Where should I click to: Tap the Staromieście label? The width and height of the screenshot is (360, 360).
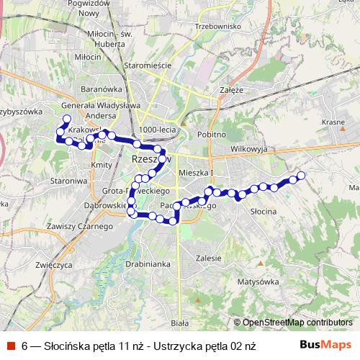click(147, 66)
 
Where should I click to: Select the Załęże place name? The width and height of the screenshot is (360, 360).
click(231, 91)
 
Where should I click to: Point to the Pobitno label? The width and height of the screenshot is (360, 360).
click(211, 134)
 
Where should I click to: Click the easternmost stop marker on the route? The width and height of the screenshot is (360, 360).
click(301, 176)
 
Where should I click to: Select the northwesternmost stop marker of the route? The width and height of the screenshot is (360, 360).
click(67, 119)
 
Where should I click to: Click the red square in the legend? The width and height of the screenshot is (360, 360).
click(11, 344)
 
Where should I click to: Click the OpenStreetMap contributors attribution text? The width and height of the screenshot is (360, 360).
click(297, 323)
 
